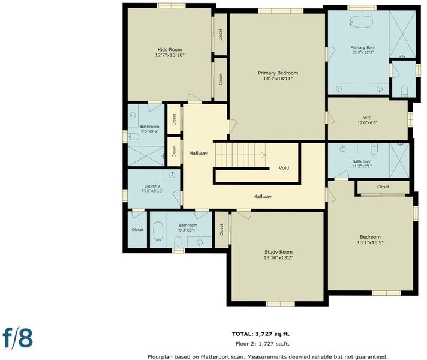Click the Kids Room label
(x=170, y=50)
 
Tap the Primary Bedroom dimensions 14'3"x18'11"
(x=278, y=79)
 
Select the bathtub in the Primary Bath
(x=361, y=21)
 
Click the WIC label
(x=367, y=118)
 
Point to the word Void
(x=284, y=168)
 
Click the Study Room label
(x=278, y=252)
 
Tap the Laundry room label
(x=152, y=186)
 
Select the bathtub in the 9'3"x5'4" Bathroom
(x=158, y=231)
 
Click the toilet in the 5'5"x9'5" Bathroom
(x=133, y=137)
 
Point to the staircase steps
(x=240, y=155)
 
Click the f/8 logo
(x=18, y=338)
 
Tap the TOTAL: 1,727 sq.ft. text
(x=261, y=334)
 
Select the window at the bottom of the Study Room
(x=280, y=304)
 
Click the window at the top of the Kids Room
(x=172, y=5)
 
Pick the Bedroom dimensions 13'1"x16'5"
(x=370, y=242)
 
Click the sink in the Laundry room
(x=172, y=175)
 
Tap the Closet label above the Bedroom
(x=383, y=187)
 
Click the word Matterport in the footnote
(x=214, y=357)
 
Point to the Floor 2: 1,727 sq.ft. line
(x=263, y=344)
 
